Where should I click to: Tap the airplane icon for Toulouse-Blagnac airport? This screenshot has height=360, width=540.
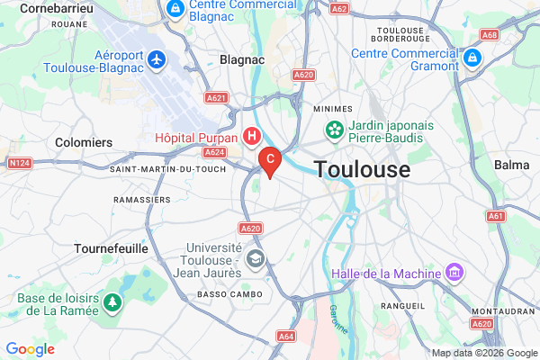coord(159,59)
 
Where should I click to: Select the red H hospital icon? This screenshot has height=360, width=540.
coord(253,137)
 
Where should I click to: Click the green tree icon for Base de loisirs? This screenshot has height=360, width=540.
coord(113,301)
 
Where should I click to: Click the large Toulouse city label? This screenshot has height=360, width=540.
coord(362,169)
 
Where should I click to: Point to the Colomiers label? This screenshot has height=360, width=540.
coord(84,142)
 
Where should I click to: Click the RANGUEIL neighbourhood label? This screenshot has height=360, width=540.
coord(403,306)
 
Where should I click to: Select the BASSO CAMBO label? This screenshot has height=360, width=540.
coord(229,295)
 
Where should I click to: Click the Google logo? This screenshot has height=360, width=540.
coord(31,349)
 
